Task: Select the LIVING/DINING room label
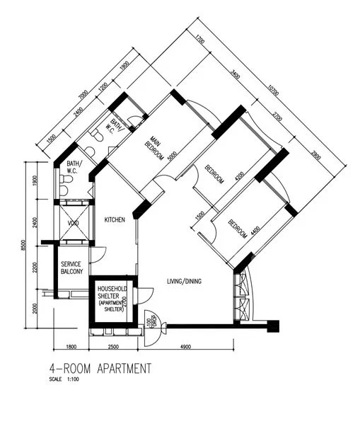click(x=184, y=282)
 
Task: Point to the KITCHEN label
click(x=115, y=220)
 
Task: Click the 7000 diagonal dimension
click(x=83, y=95)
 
